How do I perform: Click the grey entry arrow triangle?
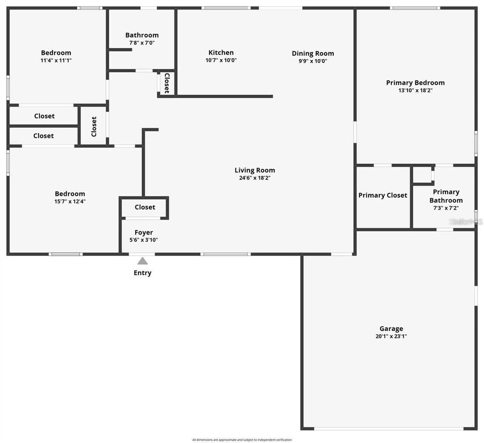pos(142,261)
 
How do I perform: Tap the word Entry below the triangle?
pos(143,273)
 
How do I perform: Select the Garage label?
pos(391,329)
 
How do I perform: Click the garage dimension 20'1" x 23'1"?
pos(391,336)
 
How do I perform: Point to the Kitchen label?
pos(221,52)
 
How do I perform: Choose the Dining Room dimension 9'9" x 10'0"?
pos(313,61)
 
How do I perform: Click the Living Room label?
pos(255,170)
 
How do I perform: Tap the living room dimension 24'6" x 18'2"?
pos(255,178)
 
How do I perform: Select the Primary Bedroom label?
pos(415,83)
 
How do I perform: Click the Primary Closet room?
pos(383,195)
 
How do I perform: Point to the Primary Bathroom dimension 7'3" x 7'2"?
pos(446,208)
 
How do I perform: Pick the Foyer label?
pos(144,232)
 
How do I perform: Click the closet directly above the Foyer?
pos(145,207)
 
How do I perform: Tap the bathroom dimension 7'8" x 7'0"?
pos(142,43)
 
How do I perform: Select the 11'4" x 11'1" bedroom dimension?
pos(56,60)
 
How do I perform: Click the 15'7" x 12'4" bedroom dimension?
pos(70,201)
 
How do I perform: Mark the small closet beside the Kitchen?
pos(167,83)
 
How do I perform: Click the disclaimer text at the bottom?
pos(242,440)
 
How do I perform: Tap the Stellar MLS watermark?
pos(465,222)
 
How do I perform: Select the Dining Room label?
pos(313,53)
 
